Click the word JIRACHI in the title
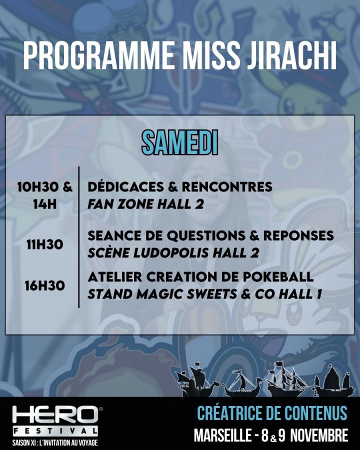coord(289,55)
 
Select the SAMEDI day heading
coord(179,142)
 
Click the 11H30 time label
coord(45,245)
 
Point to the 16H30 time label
coord(45,286)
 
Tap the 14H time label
coord(45,204)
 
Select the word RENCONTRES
coord(227,187)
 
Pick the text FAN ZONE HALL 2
coord(145,204)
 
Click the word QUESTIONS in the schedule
coord(205,236)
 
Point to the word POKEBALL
coord(278,277)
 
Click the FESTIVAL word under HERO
coord(55,431)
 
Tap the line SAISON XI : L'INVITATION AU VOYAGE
coord(55,442)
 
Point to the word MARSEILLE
coord(223,435)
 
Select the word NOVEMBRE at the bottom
coord(319,435)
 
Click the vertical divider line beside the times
coord(79,237)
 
